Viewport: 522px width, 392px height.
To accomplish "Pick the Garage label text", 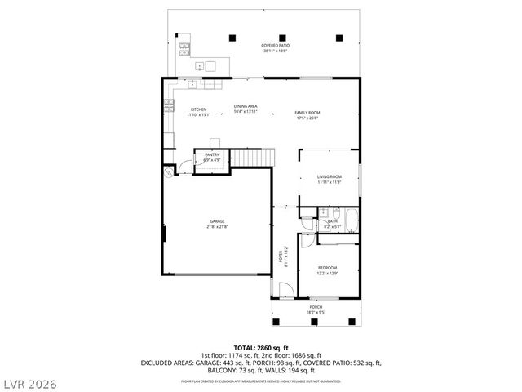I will pos(216,221).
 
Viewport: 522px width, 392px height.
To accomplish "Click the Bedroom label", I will pos(327,268).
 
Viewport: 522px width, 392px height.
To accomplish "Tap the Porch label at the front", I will pos(315,307).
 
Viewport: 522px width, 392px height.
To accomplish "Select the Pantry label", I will pos(211,154).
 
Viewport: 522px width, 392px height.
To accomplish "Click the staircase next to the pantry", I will pos(250,158).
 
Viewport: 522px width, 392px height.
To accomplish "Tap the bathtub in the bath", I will pos(351,220).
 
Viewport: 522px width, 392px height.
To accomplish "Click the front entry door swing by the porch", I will pos(285,292).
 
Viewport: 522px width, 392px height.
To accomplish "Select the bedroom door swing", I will pos(304,242).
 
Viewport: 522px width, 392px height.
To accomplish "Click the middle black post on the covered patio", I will pos(283,36).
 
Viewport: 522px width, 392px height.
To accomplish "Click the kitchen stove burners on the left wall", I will pos(169,105).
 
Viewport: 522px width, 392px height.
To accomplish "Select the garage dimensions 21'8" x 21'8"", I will pos(216,226).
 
